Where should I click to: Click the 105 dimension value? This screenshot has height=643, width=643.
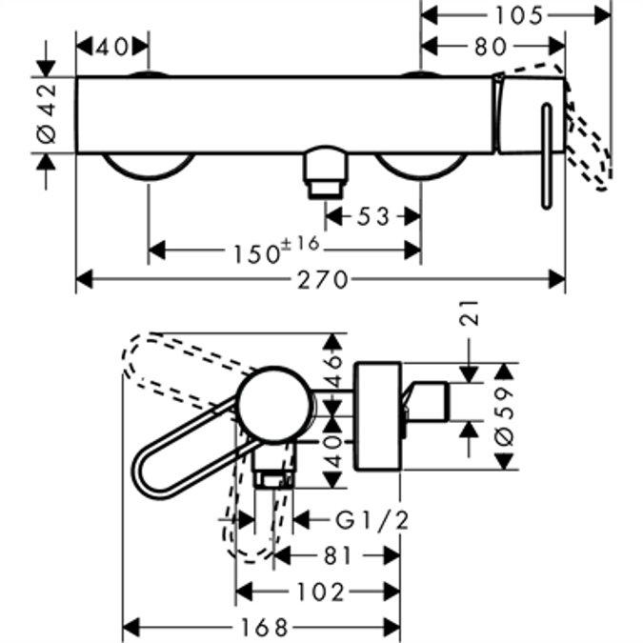pos(518,14)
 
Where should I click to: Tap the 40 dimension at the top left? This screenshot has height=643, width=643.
pos(111,46)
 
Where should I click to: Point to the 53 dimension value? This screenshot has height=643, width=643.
pos(372,217)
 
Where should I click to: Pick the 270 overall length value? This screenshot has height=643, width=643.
pos(323,280)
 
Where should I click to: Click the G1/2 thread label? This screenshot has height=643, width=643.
pos(372,519)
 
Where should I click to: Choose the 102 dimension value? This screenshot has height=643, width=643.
pos(320,591)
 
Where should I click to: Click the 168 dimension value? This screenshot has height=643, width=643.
pos(261,628)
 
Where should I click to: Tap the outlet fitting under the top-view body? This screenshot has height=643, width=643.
pos(325,172)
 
